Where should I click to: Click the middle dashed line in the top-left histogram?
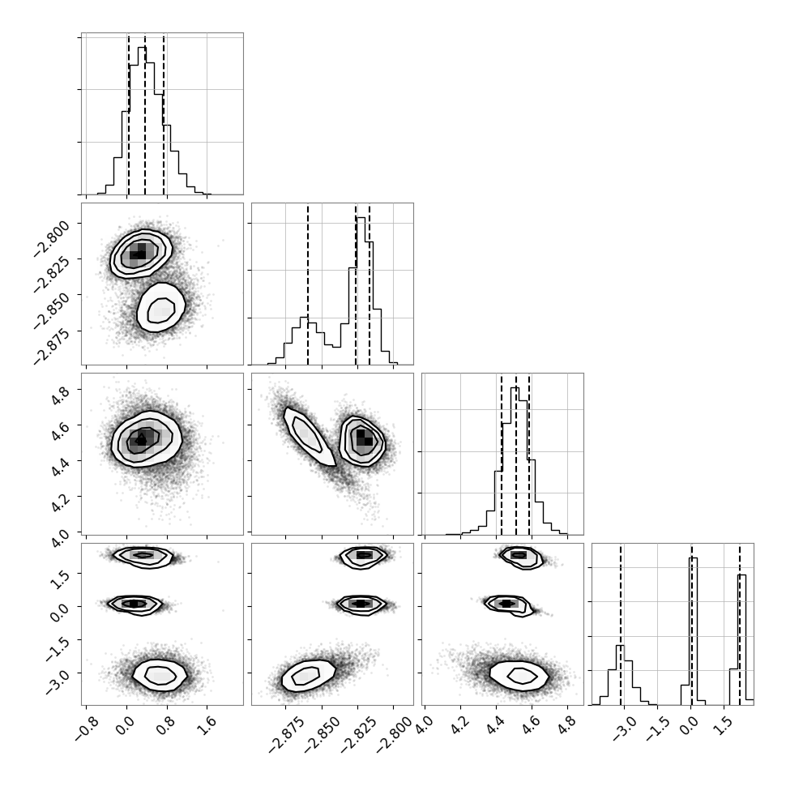coord(145,114)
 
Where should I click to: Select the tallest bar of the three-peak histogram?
coord(694,631)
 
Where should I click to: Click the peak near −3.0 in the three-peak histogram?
coord(620,675)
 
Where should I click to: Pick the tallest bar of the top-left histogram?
coord(142,120)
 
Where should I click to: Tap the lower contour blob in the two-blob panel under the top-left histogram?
coord(161,307)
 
